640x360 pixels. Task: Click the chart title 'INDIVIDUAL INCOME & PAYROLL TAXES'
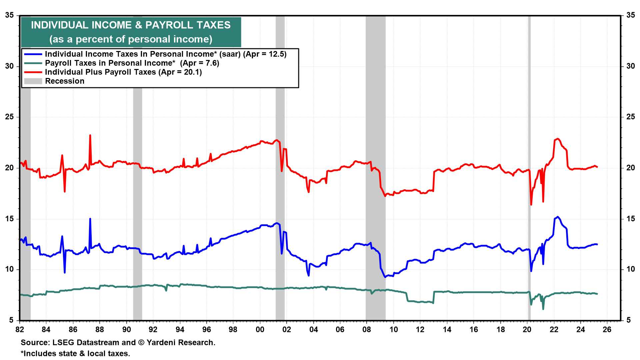131,25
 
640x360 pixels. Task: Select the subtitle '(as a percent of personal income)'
131,39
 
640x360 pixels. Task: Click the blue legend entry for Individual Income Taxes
166,54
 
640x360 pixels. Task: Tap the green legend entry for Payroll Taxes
132,63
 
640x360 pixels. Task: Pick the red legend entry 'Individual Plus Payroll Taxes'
123,72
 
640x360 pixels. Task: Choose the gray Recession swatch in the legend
33,81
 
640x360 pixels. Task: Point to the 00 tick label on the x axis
260,330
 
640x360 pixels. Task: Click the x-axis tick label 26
607,330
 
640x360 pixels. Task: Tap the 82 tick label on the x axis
20,330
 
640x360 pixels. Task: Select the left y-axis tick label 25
10,117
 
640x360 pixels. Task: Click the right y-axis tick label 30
630,66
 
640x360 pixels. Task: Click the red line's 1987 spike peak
90,135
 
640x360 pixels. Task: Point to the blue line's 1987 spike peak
90,219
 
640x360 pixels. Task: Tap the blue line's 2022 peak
558,217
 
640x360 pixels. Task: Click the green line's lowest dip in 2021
543,309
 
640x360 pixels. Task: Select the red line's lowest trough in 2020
531,204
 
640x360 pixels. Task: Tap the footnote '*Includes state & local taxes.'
75,354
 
